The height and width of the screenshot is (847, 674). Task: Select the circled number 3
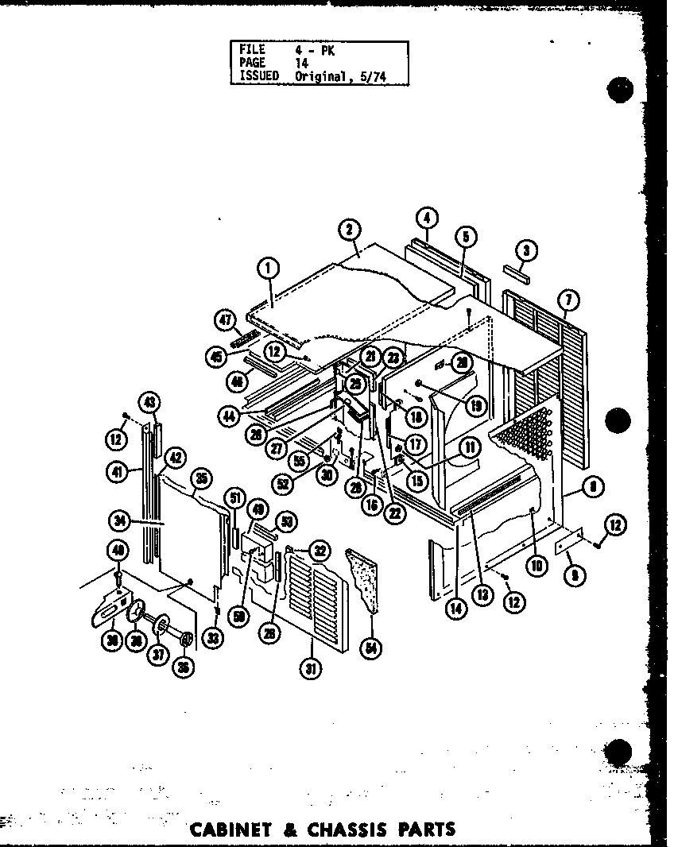coord(525,250)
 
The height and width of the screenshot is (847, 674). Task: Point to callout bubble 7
coord(568,300)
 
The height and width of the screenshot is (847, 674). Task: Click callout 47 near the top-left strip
coord(225,319)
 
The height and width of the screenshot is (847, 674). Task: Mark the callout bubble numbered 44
coord(230,415)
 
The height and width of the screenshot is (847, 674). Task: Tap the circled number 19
coord(476,407)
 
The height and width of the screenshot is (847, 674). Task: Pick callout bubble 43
coord(149,403)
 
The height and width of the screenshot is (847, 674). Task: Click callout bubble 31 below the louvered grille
coord(310,668)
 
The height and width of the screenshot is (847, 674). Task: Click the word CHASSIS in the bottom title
coord(354,831)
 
